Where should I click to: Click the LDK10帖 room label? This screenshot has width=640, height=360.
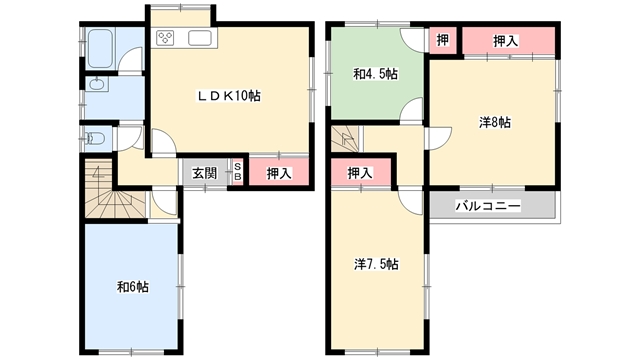pyautogui.click(x=229, y=96)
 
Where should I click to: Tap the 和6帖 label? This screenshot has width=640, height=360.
pyautogui.click(x=133, y=287)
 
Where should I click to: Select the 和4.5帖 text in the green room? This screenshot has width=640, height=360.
pyautogui.click(x=376, y=74)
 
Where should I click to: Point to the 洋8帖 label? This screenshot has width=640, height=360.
pyautogui.click(x=495, y=122)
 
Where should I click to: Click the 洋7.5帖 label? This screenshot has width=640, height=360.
pyautogui.click(x=376, y=264)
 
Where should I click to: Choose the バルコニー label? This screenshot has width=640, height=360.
pyautogui.click(x=488, y=206)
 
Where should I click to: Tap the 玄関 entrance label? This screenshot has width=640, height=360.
pyautogui.click(x=205, y=173)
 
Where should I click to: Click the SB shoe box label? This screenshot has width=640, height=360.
pyautogui.click(x=238, y=173)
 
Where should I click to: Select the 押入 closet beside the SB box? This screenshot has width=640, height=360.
pyautogui.click(x=279, y=173)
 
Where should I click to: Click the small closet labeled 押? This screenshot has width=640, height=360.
pyautogui.click(x=442, y=40)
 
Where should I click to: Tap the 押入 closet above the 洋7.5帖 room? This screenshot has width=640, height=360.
pyautogui.click(x=361, y=173)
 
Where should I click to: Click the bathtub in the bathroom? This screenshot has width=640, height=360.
pyautogui.click(x=100, y=49)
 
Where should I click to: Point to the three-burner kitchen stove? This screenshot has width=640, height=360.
pyautogui.click(x=165, y=38)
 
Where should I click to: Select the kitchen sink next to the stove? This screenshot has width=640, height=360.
pyautogui.click(x=200, y=38)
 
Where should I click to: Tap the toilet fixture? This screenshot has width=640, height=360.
pyautogui.click(x=95, y=139)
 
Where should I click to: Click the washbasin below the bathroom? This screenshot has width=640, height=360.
pyautogui.click(x=98, y=84)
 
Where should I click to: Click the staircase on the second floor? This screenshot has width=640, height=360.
pyautogui.click(x=344, y=139)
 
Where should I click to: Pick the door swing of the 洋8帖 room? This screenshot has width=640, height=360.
pyautogui.click(x=439, y=139)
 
